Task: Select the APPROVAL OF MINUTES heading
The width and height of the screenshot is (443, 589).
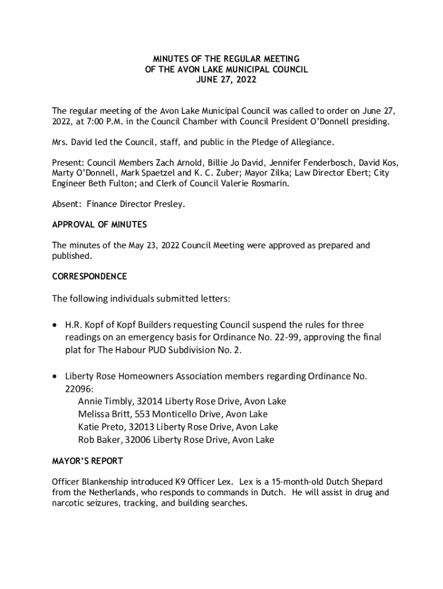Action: pos(99,224)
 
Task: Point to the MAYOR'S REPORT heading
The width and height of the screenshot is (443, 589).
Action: pos(87,461)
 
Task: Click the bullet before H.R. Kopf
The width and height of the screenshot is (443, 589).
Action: pos(55,325)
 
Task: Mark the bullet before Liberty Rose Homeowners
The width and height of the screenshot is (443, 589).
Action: pos(55,376)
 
